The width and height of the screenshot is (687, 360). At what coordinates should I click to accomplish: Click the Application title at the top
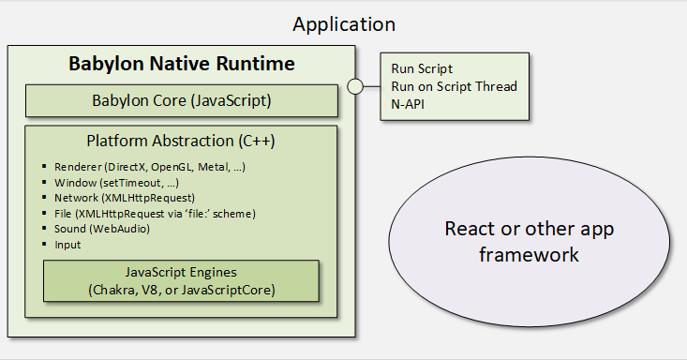pos(344,24)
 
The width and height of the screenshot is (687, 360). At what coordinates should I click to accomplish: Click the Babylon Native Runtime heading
pos(182,64)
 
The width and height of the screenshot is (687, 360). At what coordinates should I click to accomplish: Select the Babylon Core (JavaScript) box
pos(182,101)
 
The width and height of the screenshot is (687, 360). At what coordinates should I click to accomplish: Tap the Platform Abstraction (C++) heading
pos(181,141)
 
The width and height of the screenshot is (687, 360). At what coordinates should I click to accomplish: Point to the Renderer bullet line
pos(150,167)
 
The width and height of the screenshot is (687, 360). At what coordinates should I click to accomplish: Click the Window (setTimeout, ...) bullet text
pos(116,183)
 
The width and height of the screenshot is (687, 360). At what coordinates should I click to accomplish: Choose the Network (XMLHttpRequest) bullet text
pos(125,198)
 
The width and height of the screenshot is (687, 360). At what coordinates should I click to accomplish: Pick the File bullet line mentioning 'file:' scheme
pos(155,214)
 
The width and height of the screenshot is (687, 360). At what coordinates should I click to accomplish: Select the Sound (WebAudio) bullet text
pos(102,229)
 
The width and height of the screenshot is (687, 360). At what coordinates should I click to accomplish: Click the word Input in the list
pos(67,245)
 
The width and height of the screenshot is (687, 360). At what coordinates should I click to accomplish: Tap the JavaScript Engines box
pos(182,281)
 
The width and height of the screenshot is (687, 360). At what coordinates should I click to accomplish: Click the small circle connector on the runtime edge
pos(355,86)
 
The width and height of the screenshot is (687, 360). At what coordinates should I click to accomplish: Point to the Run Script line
pos(422,68)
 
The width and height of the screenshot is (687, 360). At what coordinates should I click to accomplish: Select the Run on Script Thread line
pos(454,86)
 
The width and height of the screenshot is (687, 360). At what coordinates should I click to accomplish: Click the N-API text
pos(408,104)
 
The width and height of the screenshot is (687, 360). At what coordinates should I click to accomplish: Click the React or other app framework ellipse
pos(529,242)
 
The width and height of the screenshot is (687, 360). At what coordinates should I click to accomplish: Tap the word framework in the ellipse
pos(529,255)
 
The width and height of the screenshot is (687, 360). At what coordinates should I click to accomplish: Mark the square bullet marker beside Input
pos(44,244)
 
